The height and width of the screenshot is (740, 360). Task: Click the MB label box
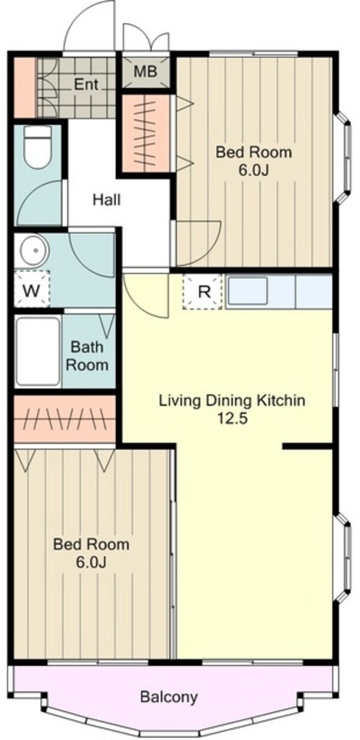pyautogui.click(x=145, y=71)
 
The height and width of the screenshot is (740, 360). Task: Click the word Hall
pyautogui.click(x=106, y=200)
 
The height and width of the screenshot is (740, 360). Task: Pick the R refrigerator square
pyautogui.click(x=202, y=291)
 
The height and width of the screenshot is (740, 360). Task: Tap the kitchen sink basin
pyautogui.click(x=248, y=291)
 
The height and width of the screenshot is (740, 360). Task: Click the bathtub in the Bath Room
pyautogui.click(x=38, y=351)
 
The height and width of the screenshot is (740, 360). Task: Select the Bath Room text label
pyautogui.click(x=87, y=356)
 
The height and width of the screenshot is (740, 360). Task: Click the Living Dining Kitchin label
pyautogui.click(x=232, y=401)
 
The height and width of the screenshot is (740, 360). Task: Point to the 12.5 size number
pyautogui.click(x=232, y=419)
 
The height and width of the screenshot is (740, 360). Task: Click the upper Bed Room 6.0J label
pyautogui.click(x=254, y=161)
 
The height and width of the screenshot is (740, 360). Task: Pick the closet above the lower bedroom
pyautogui.click(x=65, y=419)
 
